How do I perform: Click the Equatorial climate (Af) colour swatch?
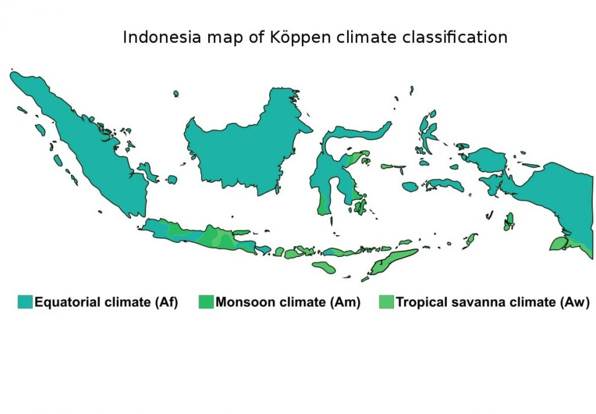coord(25,302)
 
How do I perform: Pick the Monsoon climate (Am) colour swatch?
coord(206,302)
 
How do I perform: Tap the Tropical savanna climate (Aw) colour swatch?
coord(386,302)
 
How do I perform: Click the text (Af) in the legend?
coord(167,302)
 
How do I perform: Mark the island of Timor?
coord(392,262)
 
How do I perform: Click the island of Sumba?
coord(325,267)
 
